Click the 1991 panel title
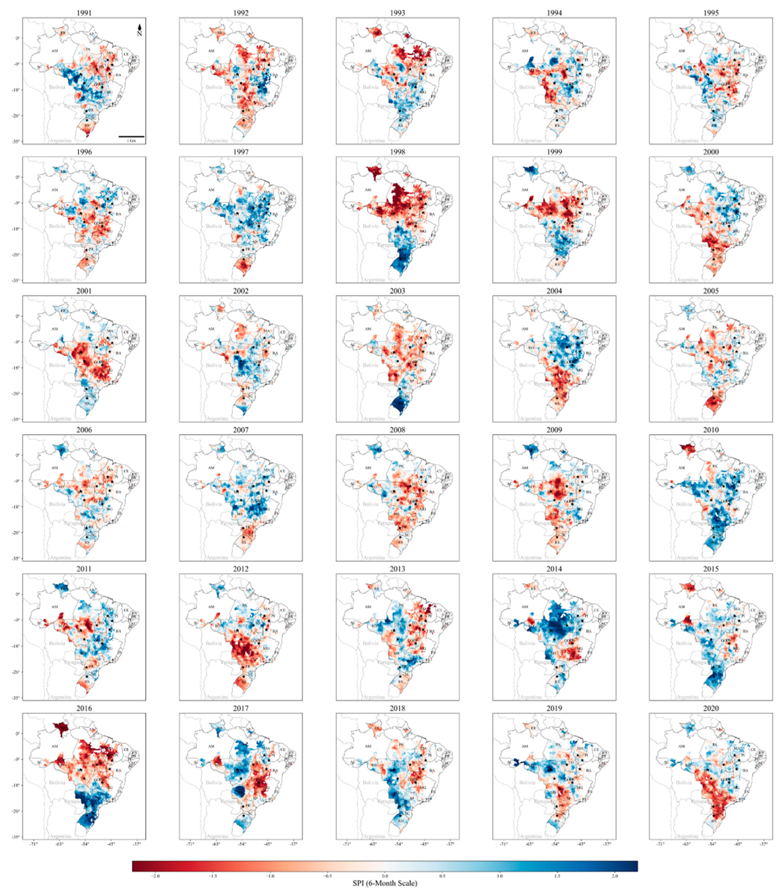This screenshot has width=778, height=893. [84, 13]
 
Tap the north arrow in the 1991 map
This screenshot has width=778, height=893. [139, 30]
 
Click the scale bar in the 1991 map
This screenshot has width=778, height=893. [131, 136]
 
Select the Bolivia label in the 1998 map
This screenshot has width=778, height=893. [370, 226]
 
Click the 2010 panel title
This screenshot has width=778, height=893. [711, 430]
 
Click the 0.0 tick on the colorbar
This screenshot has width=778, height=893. [385, 876]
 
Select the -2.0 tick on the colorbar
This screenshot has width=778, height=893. [155, 876]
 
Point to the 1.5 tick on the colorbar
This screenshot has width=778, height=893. [557, 876]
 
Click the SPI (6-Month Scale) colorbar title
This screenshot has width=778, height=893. [385, 884]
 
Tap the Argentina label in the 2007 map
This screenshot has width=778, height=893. [217, 558]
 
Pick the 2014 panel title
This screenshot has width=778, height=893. [554, 569]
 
